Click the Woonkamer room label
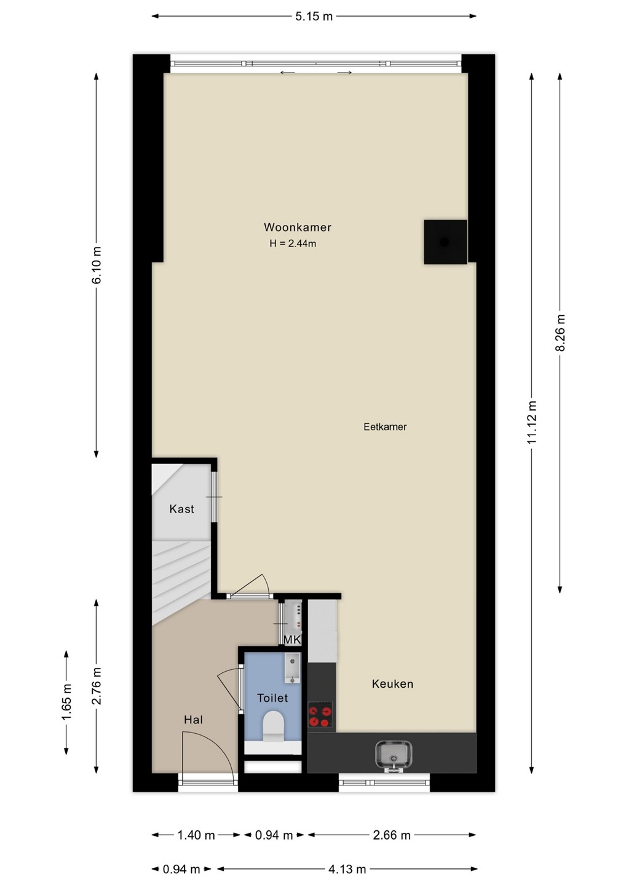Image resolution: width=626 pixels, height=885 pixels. [x=297, y=227]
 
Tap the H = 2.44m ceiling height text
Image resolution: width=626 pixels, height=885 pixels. [x=293, y=244]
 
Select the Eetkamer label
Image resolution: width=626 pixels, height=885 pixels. [x=385, y=427]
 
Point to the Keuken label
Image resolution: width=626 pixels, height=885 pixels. [x=392, y=684]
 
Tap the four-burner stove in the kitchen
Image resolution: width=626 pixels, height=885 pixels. [x=320, y=714]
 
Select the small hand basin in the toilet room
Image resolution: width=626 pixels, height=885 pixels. [x=292, y=668]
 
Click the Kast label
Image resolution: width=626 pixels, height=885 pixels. [x=182, y=509]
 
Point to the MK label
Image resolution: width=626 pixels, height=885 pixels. [x=293, y=640]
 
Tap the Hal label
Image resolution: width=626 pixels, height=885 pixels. [x=193, y=720]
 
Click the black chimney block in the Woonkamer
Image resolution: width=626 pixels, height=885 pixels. [x=445, y=242]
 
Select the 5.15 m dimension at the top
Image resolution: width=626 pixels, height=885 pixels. [x=314, y=16]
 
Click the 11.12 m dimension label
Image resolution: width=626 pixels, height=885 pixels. [x=533, y=422]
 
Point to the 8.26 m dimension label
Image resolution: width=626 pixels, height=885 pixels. [x=560, y=332]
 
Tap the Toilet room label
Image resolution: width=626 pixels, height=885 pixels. [x=272, y=698]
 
